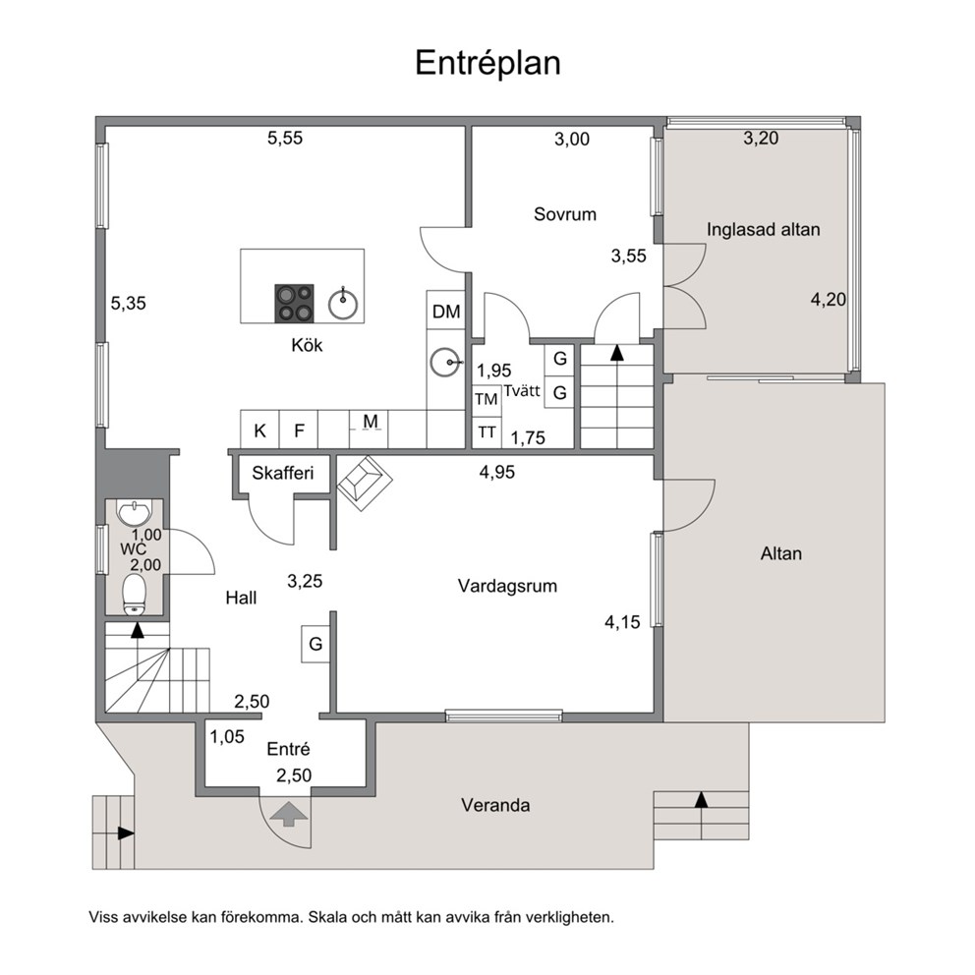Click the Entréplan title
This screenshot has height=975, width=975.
(487, 63)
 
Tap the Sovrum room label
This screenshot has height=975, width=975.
(564, 214)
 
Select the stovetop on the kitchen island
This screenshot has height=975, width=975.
(294, 304)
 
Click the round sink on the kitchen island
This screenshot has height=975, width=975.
(343, 304)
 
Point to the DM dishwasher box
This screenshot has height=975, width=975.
(446, 311)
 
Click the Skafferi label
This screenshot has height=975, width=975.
(282, 473)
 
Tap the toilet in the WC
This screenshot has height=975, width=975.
(134, 595)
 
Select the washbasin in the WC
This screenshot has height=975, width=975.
(135, 514)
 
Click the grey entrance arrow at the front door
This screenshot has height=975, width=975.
(287, 814)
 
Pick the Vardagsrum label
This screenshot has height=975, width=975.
(507, 586)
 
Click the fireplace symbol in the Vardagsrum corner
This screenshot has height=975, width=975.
(365, 484)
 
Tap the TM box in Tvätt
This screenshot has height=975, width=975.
(487, 399)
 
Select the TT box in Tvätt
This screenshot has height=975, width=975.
(487, 432)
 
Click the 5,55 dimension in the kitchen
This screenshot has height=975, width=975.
(285, 138)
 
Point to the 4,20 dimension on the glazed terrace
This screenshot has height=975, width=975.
(829, 300)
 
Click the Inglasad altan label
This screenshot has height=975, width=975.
(763, 229)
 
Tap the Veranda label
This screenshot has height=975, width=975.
(495, 805)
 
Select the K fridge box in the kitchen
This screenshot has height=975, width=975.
(259, 430)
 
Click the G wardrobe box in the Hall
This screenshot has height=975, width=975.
(315, 644)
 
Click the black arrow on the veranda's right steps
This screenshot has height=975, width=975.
(702, 800)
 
